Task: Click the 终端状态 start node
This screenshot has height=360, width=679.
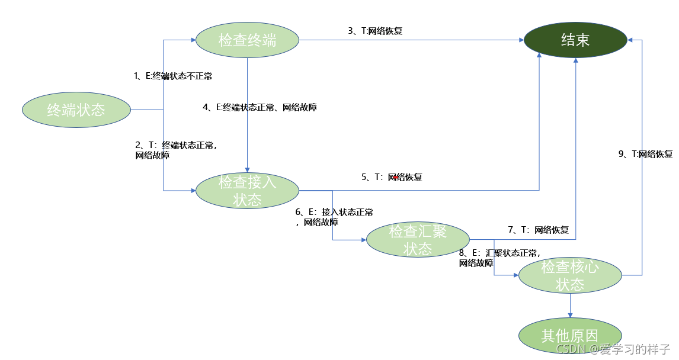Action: pos(76,110)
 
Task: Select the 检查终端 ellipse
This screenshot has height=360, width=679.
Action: pos(247,40)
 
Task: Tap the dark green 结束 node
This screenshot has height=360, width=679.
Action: pos(575,40)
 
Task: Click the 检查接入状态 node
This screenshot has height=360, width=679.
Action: pos(247,191)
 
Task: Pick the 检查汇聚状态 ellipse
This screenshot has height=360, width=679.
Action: pos(418,240)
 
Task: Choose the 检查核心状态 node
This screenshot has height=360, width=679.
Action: pos(570,275)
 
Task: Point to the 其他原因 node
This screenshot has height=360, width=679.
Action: pos(570,336)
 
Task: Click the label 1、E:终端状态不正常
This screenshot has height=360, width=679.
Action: pos(173,76)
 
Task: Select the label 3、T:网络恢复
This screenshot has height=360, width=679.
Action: pos(375,31)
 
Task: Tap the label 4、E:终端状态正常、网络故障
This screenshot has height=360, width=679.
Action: pos(260,107)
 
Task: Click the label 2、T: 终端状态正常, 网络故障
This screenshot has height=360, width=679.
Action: pos(175,150)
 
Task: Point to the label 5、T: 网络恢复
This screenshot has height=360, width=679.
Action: pos(392,177)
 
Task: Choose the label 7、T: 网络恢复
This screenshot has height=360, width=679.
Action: pos(538,230)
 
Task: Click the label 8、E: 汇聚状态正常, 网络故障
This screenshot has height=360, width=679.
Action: pos(499,258)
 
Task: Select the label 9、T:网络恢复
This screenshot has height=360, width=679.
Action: pos(645,154)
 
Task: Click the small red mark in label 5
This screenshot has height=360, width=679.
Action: pos(395,177)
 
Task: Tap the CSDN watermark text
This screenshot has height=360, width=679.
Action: pos(613,349)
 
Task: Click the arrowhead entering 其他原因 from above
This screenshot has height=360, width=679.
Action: pos(570,315)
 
